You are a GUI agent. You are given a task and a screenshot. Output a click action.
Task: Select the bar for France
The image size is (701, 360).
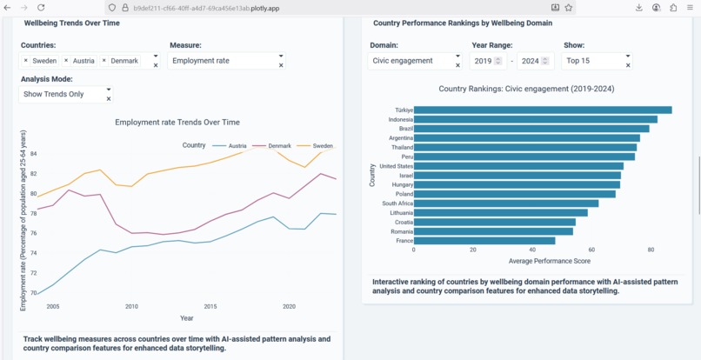click(484, 241)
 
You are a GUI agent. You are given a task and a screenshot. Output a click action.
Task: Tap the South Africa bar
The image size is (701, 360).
click(505, 203)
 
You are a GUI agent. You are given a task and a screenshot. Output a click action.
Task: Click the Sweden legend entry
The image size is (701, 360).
click(322, 146)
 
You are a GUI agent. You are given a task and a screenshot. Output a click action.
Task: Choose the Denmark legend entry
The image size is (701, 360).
click(279, 146)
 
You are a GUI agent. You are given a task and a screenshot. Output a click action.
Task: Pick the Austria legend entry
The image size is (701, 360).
click(237, 146)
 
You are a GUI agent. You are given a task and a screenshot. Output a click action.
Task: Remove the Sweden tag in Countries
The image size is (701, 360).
click(26, 61)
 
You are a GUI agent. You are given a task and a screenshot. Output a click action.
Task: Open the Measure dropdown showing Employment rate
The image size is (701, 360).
click(227, 61)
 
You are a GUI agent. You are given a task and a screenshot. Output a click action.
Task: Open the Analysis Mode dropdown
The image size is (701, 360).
click(65, 94)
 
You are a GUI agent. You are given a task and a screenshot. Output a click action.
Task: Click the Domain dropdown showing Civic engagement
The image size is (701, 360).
click(413, 61)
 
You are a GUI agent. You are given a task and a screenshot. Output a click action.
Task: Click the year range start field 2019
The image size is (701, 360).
click(483, 61)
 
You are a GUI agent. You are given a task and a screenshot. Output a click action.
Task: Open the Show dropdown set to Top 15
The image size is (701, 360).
click(596, 61)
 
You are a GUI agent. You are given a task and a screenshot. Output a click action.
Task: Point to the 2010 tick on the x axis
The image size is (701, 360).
click(131, 307)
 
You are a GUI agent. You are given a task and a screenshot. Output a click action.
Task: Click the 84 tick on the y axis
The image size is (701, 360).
click(33, 154)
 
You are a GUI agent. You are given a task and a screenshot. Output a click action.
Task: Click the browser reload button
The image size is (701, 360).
click(41, 7)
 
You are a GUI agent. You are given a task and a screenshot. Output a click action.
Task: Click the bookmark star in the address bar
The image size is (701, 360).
click(569, 7)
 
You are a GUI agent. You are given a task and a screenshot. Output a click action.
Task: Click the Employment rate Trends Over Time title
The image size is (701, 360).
click(177, 123)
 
